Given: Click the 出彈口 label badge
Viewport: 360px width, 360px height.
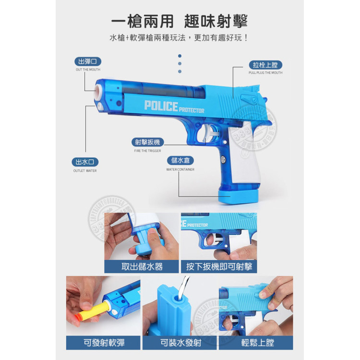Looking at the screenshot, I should [88, 61].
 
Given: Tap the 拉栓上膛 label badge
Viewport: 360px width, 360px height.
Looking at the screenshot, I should [265, 65].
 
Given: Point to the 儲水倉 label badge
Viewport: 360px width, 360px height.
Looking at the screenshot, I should [180, 161].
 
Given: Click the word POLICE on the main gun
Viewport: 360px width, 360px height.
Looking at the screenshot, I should [161, 106].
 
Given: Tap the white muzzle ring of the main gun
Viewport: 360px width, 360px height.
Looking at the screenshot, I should [97, 90].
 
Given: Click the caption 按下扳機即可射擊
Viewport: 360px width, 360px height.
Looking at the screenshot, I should [219, 266].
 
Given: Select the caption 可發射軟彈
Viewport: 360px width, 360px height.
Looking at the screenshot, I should [103, 343].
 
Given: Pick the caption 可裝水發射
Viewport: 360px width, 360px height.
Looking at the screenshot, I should [180, 343].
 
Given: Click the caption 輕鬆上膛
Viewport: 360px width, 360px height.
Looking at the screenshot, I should [255, 343].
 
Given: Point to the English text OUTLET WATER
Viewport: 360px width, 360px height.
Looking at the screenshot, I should [85, 171].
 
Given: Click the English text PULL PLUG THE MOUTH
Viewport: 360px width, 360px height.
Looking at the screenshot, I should [265, 73].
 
